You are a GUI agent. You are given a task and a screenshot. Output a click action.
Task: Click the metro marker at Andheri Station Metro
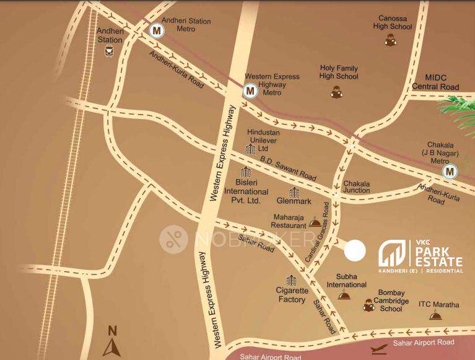(x=157, y=30)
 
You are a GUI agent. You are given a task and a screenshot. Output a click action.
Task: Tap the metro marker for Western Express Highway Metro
(x=250, y=90)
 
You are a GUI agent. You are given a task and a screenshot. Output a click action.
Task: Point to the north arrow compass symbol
(x=111, y=340)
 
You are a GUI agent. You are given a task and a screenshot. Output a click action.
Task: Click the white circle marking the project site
(x=355, y=250)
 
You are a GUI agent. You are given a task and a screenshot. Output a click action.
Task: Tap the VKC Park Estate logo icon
(x=391, y=255)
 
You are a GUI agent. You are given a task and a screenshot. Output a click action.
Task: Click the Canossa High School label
(x=393, y=22)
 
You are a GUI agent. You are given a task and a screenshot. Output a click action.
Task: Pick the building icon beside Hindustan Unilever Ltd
(x=251, y=149)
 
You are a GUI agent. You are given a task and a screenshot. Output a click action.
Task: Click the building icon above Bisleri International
(x=246, y=172)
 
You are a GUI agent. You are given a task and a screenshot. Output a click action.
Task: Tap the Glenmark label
(x=294, y=201)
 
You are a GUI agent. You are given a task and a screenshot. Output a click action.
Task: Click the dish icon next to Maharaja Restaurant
(x=316, y=222)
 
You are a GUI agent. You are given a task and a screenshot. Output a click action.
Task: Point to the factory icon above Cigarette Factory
(x=291, y=280)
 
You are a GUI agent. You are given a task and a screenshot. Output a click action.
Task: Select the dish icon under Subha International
(x=344, y=295)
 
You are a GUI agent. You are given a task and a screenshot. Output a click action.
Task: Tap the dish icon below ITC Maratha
(x=436, y=315)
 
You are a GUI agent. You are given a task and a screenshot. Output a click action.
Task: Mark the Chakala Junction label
(x=357, y=187)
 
